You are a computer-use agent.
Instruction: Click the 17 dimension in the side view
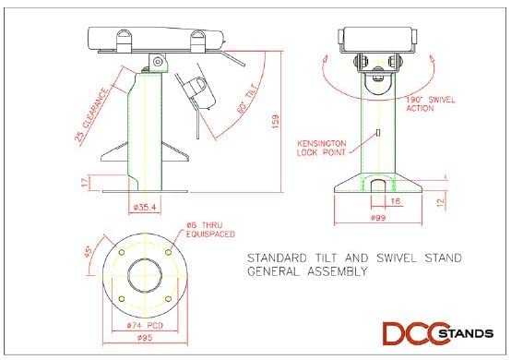click(x=87, y=181)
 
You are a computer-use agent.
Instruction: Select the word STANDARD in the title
click(x=282, y=258)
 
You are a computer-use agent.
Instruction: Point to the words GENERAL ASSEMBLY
click(x=308, y=272)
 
